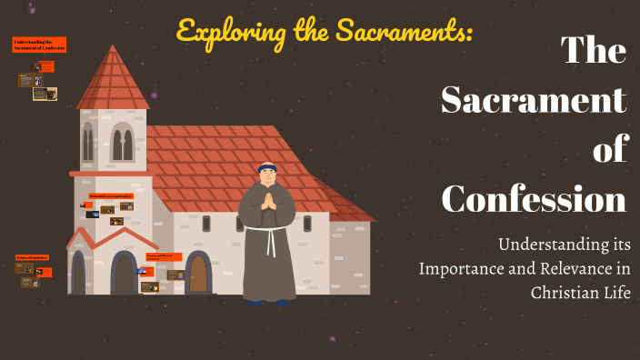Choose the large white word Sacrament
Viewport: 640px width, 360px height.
pyautogui.click(x=534, y=99)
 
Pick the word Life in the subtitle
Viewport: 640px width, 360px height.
pyautogui.click(x=614, y=292)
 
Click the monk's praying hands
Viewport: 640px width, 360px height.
pyautogui.click(x=267, y=201)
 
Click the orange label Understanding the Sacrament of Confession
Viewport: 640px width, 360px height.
pyautogui.click(x=39, y=44)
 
